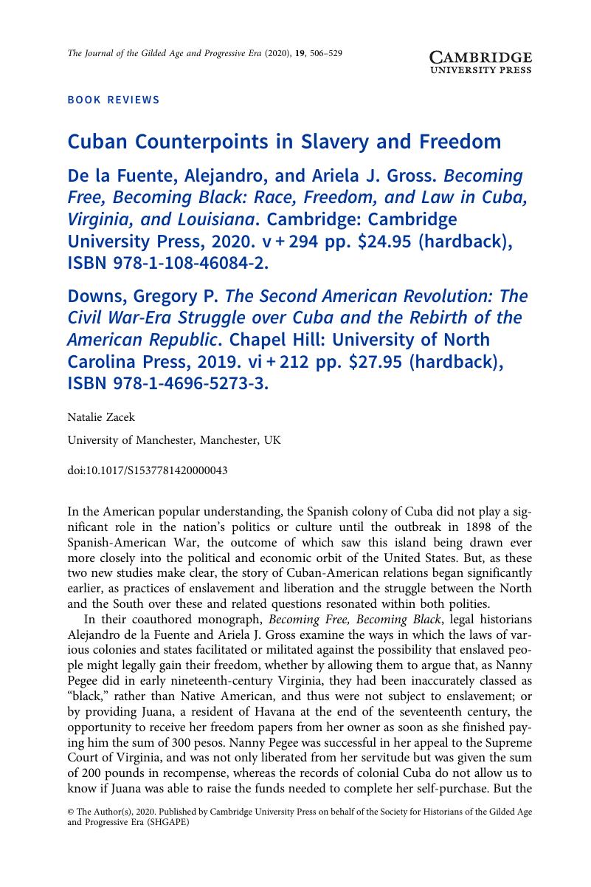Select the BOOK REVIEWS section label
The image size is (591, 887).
click(x=113, y=100)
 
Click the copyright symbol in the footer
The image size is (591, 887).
click(x=71, y=811)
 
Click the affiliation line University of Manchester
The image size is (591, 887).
click(x=174, y=440)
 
